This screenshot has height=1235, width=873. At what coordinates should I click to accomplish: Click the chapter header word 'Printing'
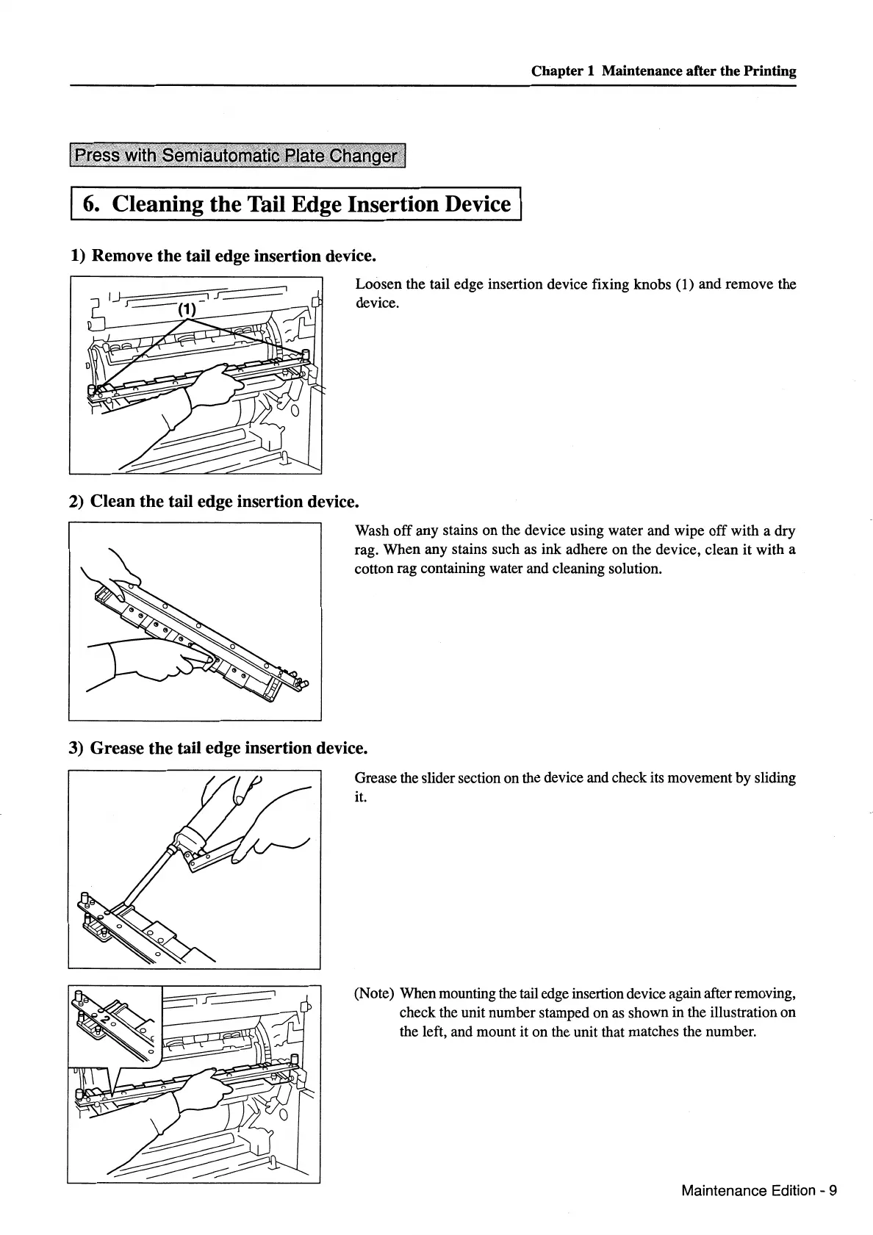pos(769,71)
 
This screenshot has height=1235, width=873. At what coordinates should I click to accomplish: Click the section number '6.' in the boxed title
pos(92,204)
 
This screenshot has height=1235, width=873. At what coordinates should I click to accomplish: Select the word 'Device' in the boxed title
pos(475,204)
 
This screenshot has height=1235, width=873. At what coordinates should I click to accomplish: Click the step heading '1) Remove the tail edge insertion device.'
pos(223,256)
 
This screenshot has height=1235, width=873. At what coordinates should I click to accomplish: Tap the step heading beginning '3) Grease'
pos(218,748)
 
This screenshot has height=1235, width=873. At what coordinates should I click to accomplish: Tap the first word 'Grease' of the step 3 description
pos(376,778)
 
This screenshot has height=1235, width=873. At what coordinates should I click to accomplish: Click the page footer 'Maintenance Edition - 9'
pos(758,1190)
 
